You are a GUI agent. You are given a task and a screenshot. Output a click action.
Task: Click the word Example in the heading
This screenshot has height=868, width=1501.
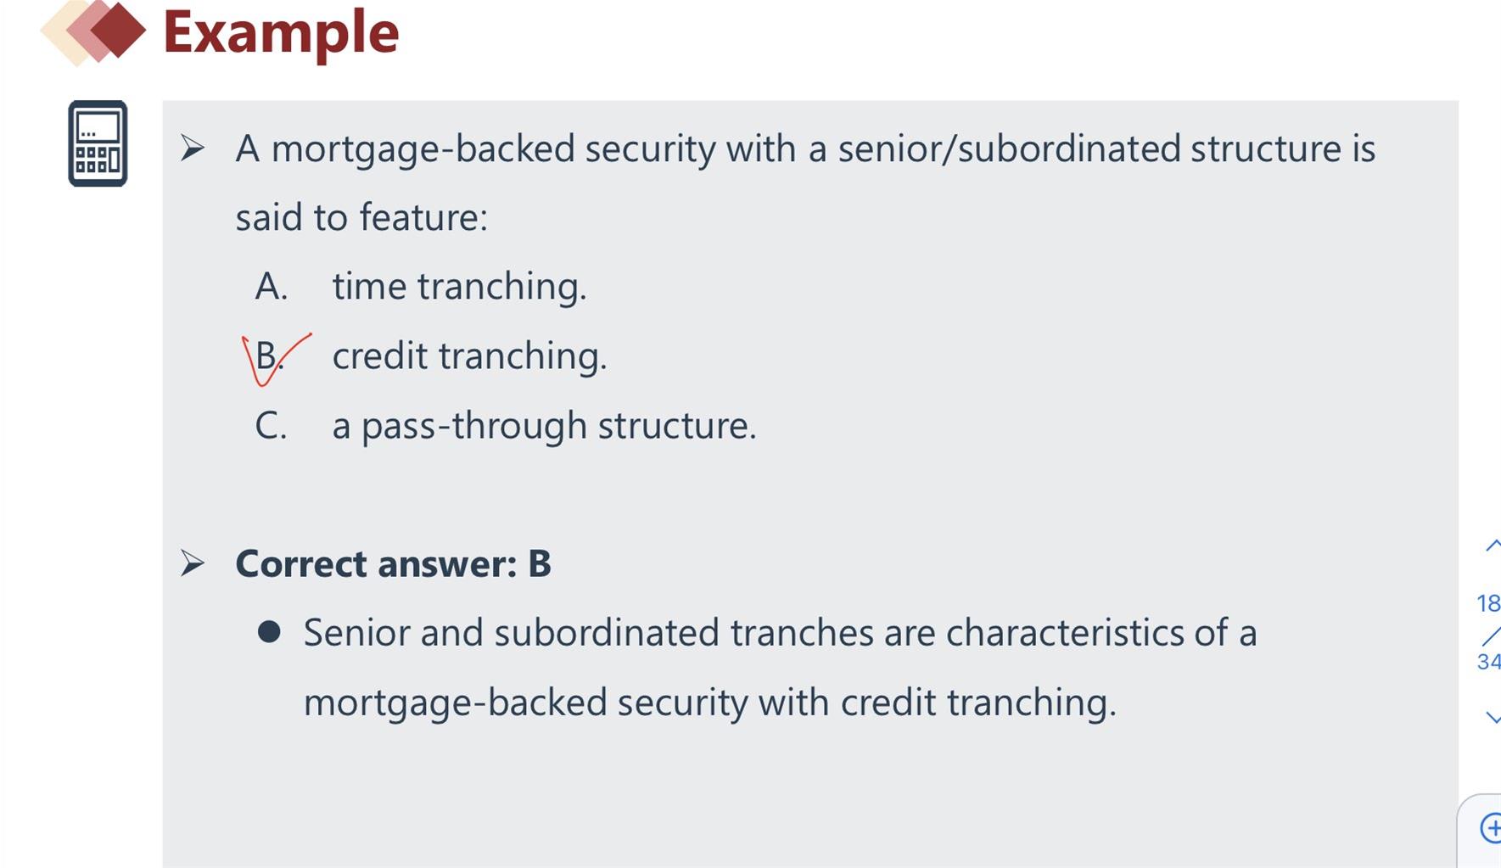pos(281,34)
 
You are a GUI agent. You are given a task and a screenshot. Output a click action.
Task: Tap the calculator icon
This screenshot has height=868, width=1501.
pos(98,143)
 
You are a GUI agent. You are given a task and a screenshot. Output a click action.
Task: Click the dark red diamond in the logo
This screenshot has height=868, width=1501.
pos(118,30)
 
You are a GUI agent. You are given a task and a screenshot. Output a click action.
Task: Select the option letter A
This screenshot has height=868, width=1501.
pos(272,287)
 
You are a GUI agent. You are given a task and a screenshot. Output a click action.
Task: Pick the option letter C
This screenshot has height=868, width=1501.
pos(271,425)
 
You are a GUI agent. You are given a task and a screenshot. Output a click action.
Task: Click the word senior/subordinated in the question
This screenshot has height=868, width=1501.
pos(1009,149)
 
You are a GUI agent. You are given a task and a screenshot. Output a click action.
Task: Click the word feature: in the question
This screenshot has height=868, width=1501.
pos(423,217)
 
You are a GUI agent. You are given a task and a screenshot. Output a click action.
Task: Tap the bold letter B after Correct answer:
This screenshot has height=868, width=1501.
pos(540,563)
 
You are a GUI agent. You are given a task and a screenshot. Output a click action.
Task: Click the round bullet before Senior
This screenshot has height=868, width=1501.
pos(269,631)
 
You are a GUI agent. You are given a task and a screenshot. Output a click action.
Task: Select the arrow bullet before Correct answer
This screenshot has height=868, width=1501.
pos(193,563)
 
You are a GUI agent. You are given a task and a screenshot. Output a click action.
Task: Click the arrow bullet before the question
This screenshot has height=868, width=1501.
pos(193,148)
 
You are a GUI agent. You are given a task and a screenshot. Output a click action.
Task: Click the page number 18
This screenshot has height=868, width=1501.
pos(1488,603)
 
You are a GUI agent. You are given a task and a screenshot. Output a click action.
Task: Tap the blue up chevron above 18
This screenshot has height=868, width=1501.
pos(1493,546)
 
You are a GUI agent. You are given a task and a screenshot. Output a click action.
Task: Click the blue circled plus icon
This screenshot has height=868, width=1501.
pos(1491,827)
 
